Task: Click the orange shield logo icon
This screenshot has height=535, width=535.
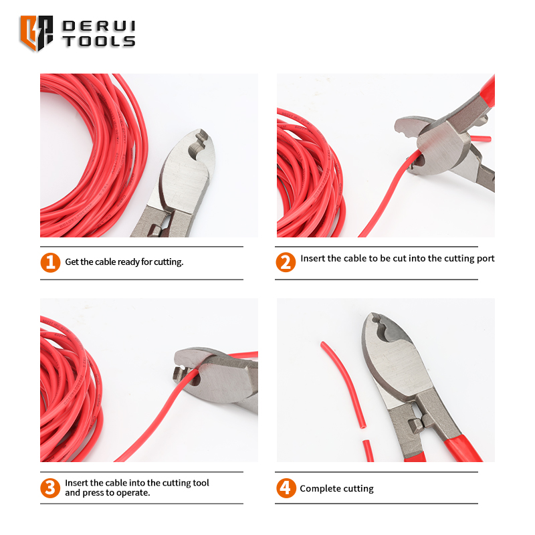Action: point(37,33)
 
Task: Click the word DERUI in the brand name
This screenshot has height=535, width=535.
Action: point(99,26)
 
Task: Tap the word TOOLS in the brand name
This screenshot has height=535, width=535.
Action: point(99,41)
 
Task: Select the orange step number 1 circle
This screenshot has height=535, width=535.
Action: point(50,262)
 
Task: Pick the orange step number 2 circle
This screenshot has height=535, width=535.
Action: point(286,262)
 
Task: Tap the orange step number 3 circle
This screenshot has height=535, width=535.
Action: point(50,488)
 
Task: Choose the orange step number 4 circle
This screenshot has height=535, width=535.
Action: point(286,488)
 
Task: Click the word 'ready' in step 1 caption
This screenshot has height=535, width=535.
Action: point(128,262)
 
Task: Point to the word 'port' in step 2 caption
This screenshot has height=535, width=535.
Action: point(486,259)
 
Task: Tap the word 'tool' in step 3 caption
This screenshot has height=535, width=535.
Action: point(201,483)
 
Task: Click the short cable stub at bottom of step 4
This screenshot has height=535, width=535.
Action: point(368,451)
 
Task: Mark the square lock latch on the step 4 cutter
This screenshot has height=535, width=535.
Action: point(417,425)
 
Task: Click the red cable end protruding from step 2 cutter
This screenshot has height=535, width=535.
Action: point(480,138)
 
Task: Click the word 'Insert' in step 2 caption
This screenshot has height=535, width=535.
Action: point(312,258)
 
